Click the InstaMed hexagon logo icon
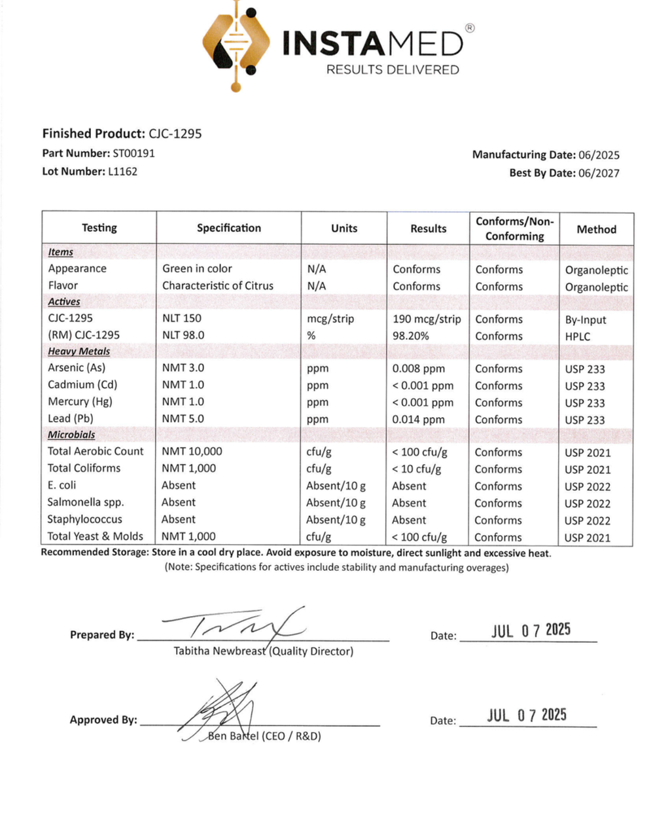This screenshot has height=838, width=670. click(x=236, y=45)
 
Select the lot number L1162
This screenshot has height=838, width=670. click(x=122, y=172)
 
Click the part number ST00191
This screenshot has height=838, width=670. click(x=134, y=153)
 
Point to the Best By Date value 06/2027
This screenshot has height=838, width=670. click(x=599, y=173)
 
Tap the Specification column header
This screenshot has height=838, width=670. click(x=229, y=228)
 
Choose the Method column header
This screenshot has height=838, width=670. click(x=596, y=229)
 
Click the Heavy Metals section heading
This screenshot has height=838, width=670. click(x=79, y=352)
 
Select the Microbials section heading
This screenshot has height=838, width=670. click(x=71, y=435)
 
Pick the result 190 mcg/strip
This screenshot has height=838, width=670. click(x=427, y=319)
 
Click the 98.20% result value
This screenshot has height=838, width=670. click(x=411, y=336)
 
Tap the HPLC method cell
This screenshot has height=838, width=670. click(x=578, y=337)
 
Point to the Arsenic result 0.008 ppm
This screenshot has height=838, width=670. click(x=418, y=369)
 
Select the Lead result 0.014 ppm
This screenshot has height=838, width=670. click(x=418, y=420)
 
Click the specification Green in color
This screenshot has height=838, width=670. click(x=197, y=268)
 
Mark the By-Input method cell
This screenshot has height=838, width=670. click(x=586, y=320)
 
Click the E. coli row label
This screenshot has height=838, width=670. click(x=62, y=485)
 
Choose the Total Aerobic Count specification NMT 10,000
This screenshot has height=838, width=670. click(x=192, y=451)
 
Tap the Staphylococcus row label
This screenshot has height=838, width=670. click(x=84, y=519)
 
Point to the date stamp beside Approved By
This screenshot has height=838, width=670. click(x=527, y=715)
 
